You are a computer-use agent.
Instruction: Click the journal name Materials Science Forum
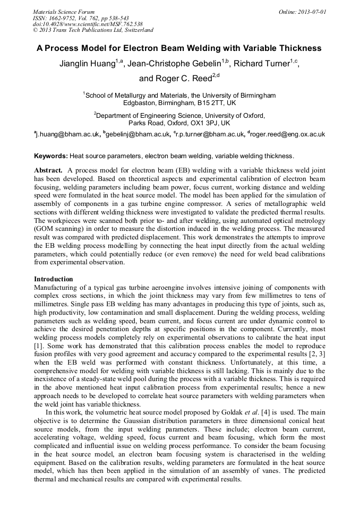coord(64,11)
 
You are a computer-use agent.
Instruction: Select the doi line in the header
coord(88,24)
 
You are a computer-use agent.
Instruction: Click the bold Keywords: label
coord(51,156)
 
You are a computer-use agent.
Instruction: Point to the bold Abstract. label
coord(49,170)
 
